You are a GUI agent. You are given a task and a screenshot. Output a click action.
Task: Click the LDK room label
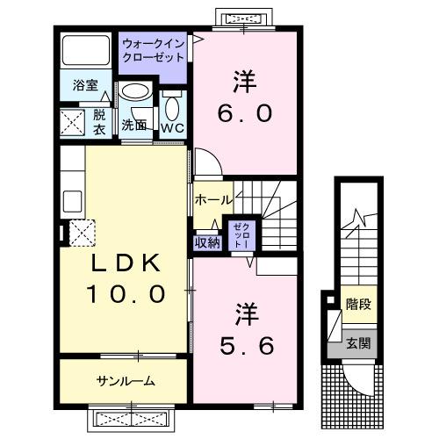[x=124, y=264]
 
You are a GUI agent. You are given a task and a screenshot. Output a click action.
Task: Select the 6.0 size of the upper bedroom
[x=243, y=112]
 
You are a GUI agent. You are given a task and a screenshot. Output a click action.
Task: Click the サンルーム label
[x=126, y=380]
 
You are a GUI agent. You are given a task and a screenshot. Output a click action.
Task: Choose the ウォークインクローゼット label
[x=154, y=50]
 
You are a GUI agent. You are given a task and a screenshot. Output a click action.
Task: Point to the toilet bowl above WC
[x=171, y=108]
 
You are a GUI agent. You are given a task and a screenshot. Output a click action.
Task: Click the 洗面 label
[x=133, y=124]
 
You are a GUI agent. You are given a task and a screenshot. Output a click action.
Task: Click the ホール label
[x=213, y=200]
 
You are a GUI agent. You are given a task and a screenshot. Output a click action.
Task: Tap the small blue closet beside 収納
[x=239, y=235]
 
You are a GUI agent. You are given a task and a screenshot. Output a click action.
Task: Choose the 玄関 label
[x=356, y=343]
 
